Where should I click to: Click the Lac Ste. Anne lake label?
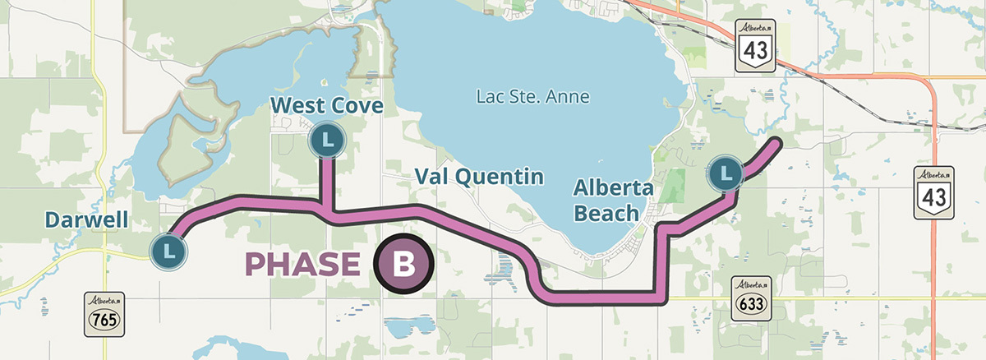tap(532, 97)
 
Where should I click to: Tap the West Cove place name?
tap(327, 106)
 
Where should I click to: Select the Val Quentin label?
tap(479, 176)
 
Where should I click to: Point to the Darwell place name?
tap(86, 220)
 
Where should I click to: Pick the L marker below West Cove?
tap(327, 141)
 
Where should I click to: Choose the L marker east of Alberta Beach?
tap(726, 173)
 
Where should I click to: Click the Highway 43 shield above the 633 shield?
tap(934, 192)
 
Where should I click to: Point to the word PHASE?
tap(303, 265)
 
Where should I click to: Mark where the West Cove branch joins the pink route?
tap(328, 213)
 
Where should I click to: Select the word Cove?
tap(356, 106)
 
